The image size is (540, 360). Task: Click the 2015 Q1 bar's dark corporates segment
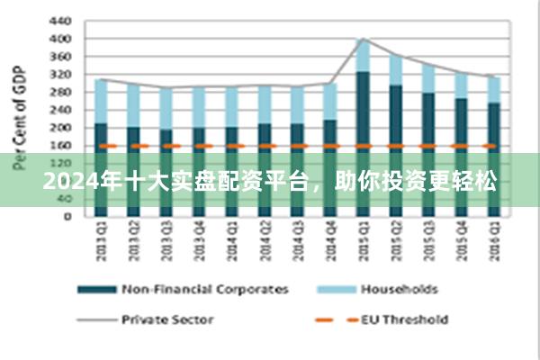click(363, 108)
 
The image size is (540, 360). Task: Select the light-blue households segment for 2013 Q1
click(101, 101)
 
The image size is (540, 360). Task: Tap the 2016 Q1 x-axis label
click(493, 242)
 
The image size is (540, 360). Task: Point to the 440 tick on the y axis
click(58, 20)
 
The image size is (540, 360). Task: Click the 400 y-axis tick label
click(58, 39)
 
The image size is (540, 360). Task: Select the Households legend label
click(399, 289)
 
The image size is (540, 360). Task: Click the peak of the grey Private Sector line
click(363, 39)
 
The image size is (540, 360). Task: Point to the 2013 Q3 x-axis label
click(166, 242)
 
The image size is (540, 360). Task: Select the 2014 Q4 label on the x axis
click(330, 242)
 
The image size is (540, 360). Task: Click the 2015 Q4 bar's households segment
click(461, 85)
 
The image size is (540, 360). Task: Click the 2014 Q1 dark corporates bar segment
click(231, 135)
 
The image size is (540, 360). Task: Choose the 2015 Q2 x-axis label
click(396, 242)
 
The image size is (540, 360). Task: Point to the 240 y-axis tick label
click(58, 110)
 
